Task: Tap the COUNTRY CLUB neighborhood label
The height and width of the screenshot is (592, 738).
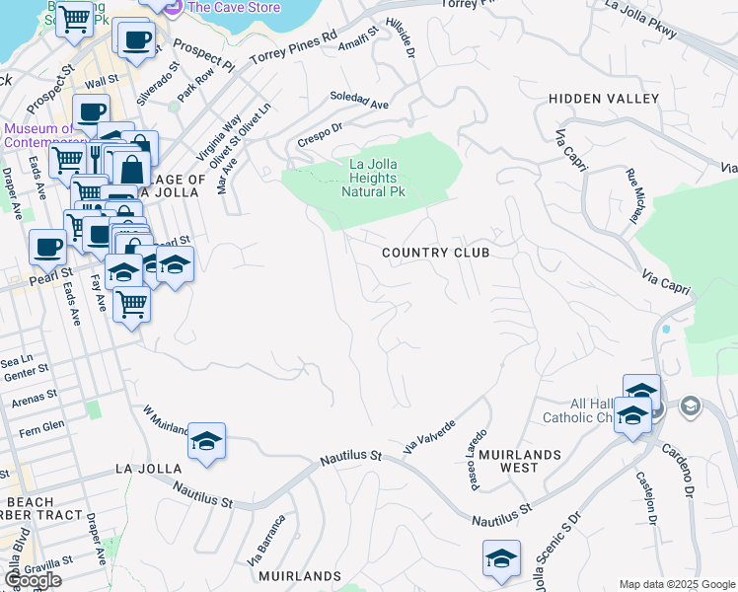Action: click(435, 253)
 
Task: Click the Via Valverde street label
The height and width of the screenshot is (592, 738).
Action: click(429, 437)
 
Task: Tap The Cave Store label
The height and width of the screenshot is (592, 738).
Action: click(233, 7)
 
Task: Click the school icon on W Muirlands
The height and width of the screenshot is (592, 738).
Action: click(207, 441)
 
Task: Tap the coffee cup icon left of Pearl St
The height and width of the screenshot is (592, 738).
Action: click(48, 248)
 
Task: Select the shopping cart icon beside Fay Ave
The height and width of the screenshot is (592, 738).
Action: click(131, 303)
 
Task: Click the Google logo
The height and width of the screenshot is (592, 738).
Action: click(33, 580)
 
